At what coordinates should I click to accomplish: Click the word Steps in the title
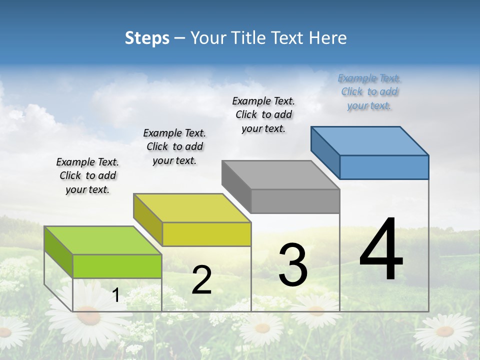pos(147,38)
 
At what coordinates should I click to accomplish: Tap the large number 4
pos(381,250)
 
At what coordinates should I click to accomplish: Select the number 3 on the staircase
pos(293,264)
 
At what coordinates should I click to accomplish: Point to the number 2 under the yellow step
pos(201,280)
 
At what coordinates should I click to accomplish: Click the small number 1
pos(116,295)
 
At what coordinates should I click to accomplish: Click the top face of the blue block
pos(370,141)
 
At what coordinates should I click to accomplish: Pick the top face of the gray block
pos(281,175)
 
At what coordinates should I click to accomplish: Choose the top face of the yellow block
pos(192,208)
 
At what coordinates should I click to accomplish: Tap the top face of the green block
pos(103,240)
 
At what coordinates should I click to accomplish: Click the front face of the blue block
pos(384,167)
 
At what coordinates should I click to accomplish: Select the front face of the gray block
pos(295,201)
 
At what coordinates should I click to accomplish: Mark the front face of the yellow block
pos(206,234)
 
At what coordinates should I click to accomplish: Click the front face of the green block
pos(117,266)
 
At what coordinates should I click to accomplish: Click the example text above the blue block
pos(369,92)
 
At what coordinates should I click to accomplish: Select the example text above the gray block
pos(263,115)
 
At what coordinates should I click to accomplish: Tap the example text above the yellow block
pos(174,146)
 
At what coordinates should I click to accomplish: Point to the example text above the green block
pos(87,175)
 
